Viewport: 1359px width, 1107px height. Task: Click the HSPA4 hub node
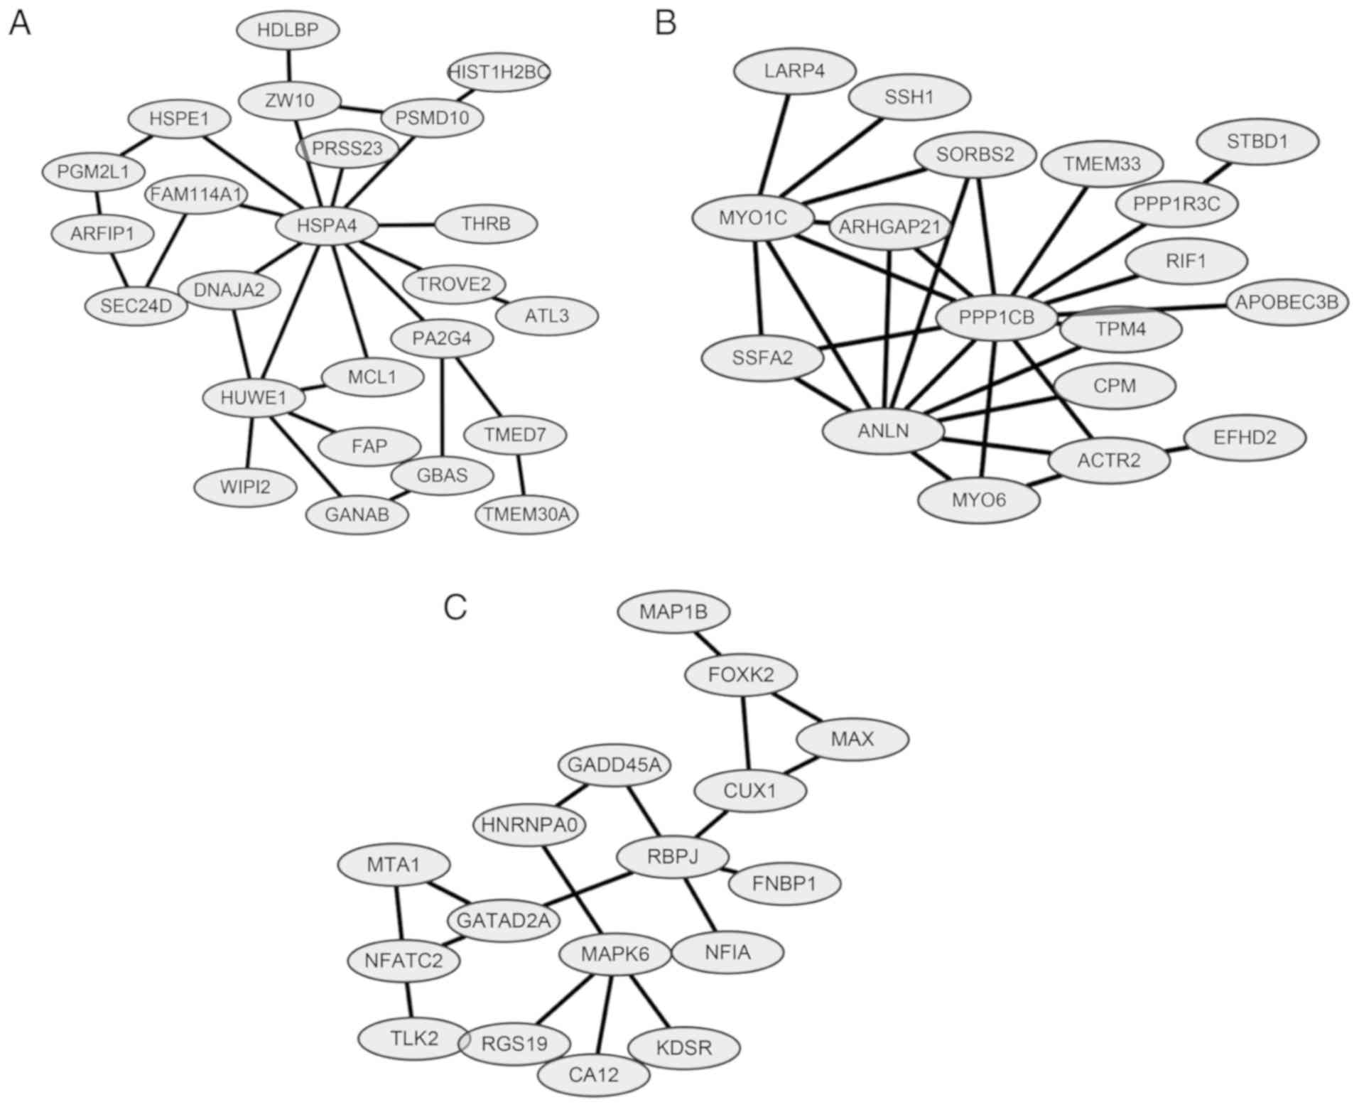point(327,226)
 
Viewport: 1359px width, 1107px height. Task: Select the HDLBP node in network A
point(288,30)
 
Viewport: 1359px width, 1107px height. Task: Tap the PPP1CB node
point(997,318)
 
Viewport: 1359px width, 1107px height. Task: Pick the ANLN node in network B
point(883,431)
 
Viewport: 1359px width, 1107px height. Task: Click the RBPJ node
point(673,856)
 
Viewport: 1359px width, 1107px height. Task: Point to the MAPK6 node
point(615,954)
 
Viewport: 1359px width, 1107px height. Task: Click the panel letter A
point(19,23)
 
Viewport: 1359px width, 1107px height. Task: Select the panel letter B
point(665,23)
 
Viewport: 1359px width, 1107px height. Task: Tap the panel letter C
point(455,607)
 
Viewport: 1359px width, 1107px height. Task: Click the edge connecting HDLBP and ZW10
point(288,65)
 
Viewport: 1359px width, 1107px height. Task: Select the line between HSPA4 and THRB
point(406,225)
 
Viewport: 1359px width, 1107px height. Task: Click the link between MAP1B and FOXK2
point(708,642)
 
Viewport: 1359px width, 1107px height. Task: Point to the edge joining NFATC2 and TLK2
point(408,1000)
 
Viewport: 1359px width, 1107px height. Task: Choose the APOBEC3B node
point(1287,302)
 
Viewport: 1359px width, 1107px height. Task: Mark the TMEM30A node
point(526,514)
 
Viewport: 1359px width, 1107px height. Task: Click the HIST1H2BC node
point(499,72)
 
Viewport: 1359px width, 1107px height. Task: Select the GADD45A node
point(614,765)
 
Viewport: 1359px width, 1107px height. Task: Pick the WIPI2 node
point(246,487)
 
